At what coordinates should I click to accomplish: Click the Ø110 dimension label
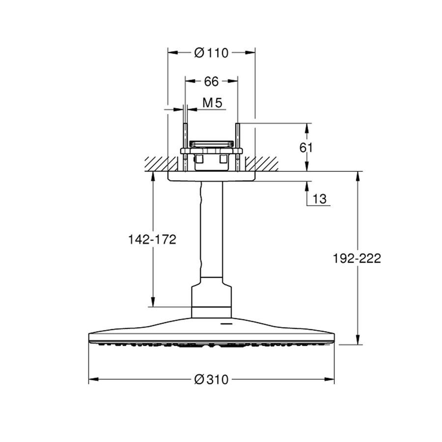[x=211, y=53]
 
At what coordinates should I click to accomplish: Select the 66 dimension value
[x=211, y=81]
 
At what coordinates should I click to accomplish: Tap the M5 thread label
[x=213, y=103]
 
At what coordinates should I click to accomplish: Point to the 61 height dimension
[x=319, y=147]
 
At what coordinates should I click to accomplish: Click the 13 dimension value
[x=319, y=199]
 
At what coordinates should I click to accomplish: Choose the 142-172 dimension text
[x=152, y=239]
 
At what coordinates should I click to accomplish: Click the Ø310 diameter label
[x=211, y=380]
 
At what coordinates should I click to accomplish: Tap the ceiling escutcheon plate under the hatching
[x=211, y=176]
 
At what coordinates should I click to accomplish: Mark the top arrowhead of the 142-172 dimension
[x=153, y=175]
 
